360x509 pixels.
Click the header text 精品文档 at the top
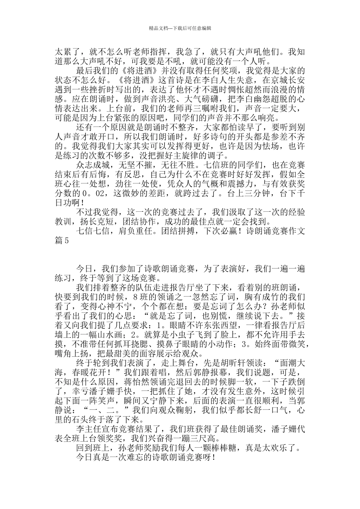(158, 28)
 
